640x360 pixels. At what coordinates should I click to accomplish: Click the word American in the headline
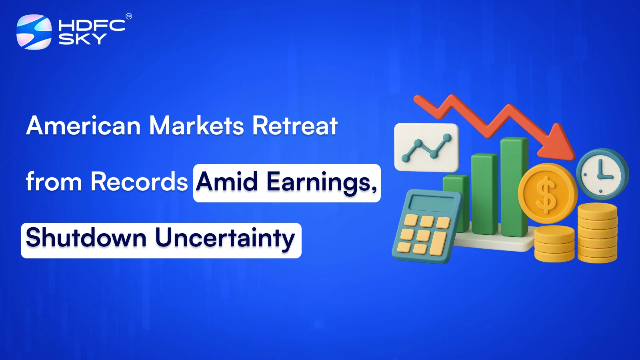click(x=83, y=126)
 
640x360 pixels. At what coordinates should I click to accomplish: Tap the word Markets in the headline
click(x=196, y=126)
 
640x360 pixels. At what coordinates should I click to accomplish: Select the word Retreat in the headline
click(x=295, y=126)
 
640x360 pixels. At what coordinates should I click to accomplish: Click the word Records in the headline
click(x=139, y=182)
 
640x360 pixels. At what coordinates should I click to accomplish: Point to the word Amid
click(x=227, y=182)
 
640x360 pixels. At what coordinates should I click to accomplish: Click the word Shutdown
click(x=86, y=238)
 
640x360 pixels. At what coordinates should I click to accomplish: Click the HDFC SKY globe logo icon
click(x=34, y=32)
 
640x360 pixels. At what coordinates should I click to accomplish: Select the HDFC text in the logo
click(x=92, y=25)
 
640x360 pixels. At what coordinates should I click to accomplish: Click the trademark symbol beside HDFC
click(x=129, y=16)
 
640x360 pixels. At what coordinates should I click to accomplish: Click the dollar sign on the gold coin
click(x=546, y=194)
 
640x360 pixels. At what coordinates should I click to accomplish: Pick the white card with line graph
click(x=426, y=147)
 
